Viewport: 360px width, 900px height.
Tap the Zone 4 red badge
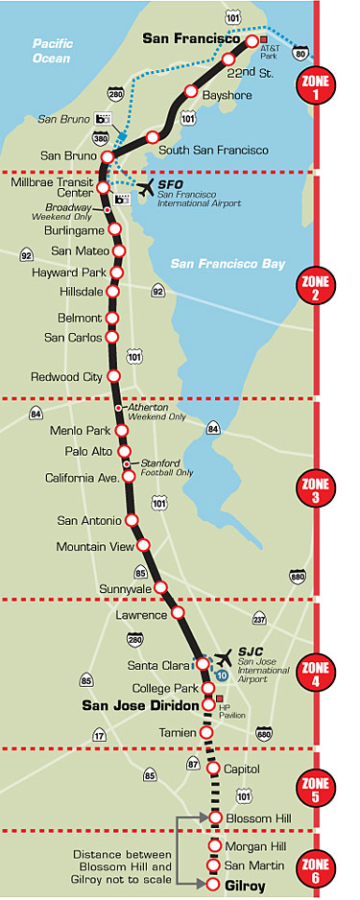pos(318,669)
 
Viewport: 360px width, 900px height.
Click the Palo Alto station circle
pos(124,451)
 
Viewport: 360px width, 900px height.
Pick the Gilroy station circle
pos(214,883)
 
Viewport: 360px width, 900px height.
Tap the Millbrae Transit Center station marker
pos(103,188)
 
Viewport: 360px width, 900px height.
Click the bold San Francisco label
pos(190,38)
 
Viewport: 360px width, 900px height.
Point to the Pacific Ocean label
pos(52,51)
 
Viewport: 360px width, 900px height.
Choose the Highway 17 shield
pos(98,735)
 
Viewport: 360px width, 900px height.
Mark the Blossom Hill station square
pos(215,818)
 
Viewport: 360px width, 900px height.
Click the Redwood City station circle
pos(113,376)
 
